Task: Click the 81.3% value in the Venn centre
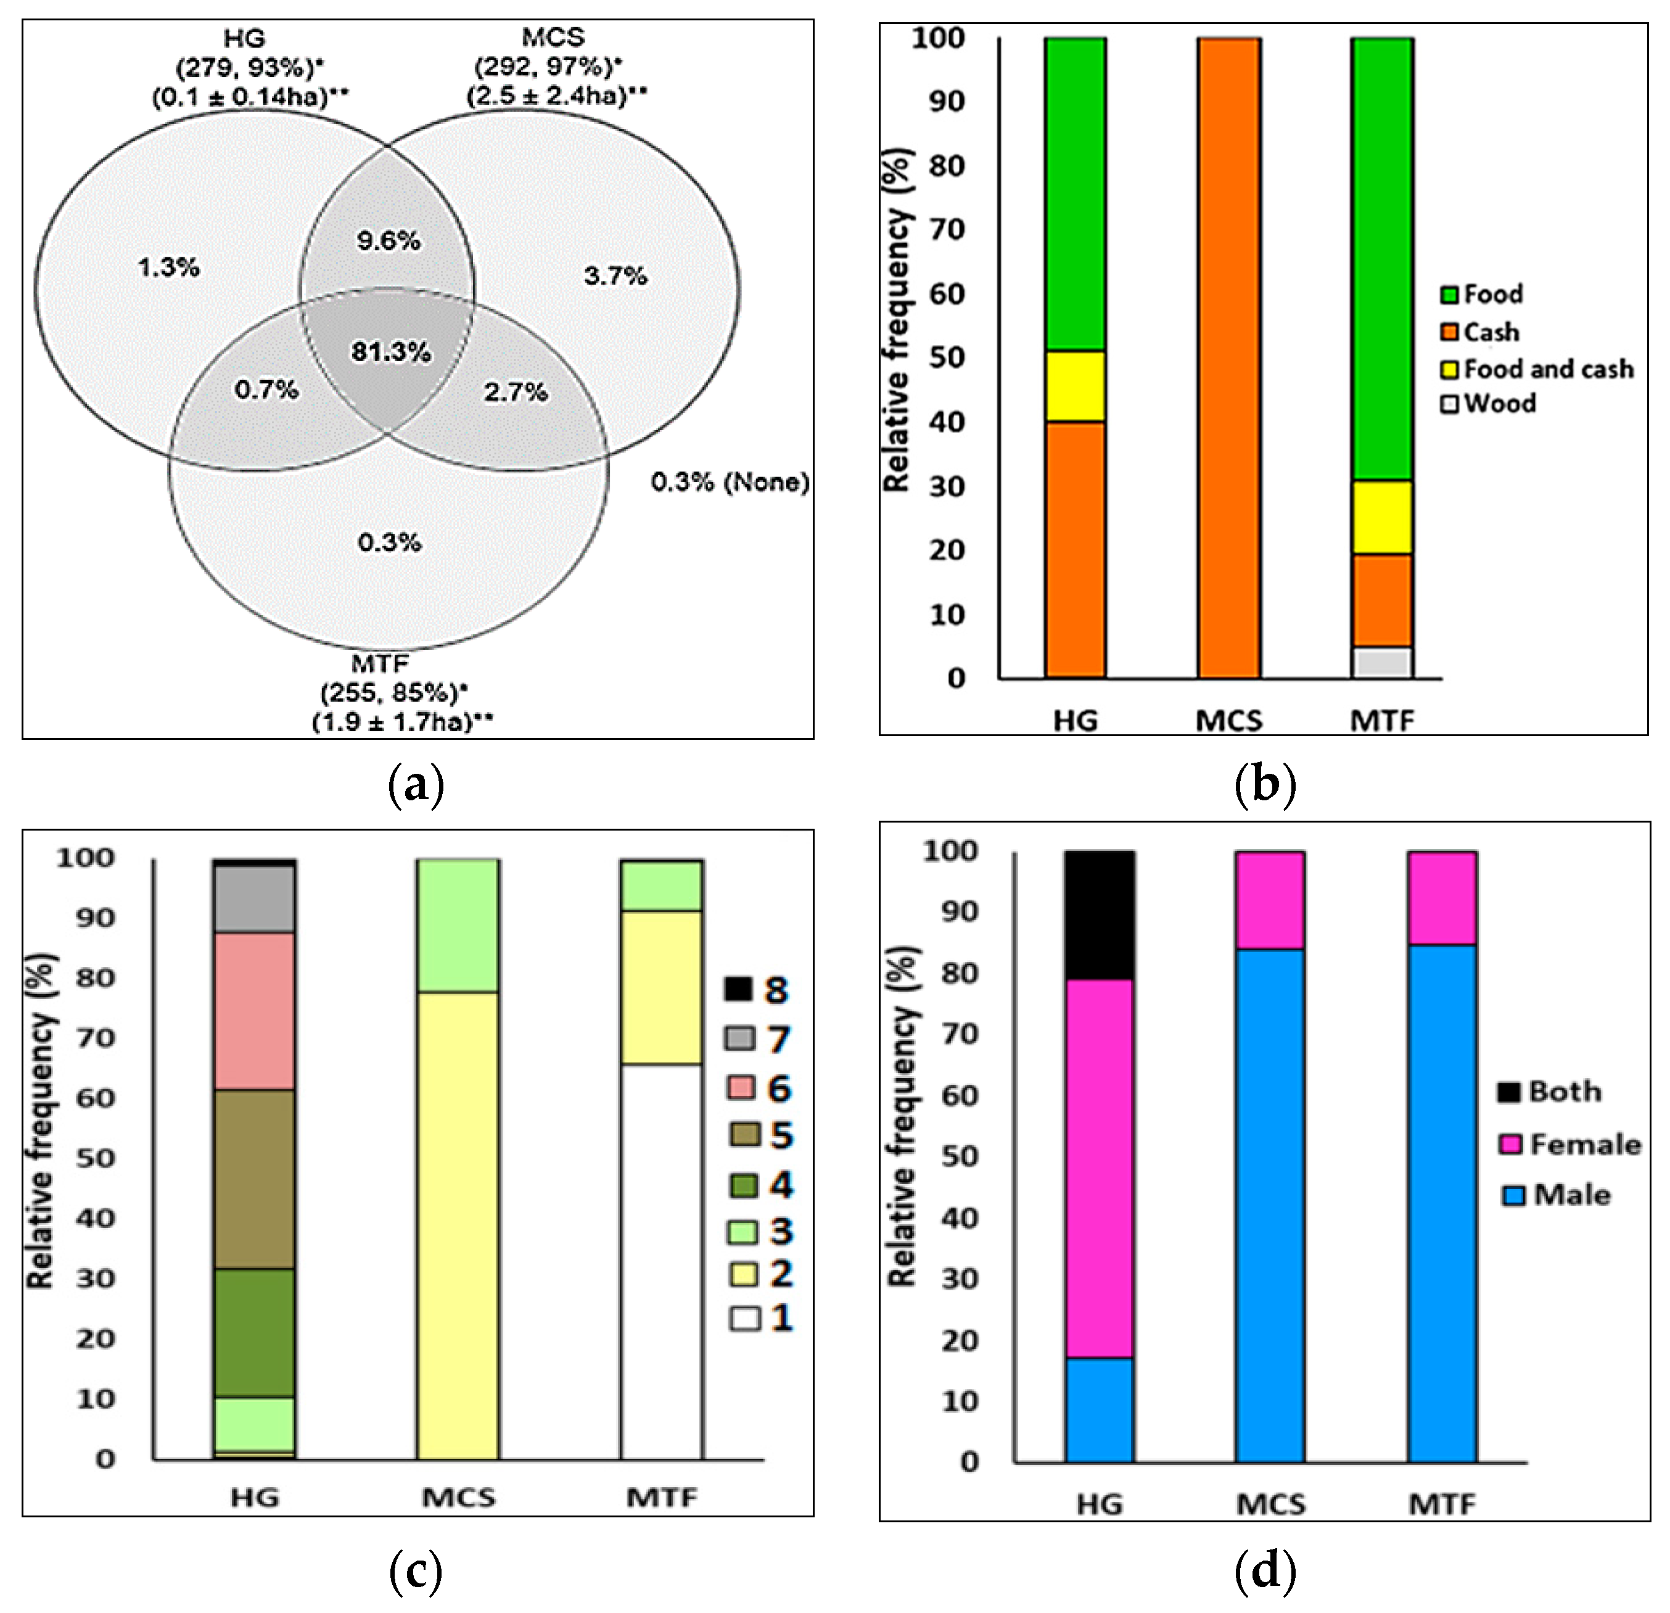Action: pos(391,351)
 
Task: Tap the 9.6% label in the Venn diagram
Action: pos(389,241)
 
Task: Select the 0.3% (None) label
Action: pos(730,483)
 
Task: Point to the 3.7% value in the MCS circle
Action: pos(615,275)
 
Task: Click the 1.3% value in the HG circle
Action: pos(169,268)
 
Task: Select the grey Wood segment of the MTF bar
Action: pos(1382,663)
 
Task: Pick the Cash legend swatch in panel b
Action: pos(1449,331)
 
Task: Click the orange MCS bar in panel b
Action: pos(1228,358)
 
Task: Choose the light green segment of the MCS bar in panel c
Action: pos(458,925)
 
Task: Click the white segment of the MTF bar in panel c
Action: pos(661,1262)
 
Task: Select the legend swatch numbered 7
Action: pos(739,1039)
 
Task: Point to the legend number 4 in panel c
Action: pos(781,1185)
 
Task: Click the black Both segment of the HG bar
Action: pos(1099,914)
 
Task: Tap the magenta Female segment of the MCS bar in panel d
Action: pos(1270,900)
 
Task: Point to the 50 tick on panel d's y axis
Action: pos(960,1157)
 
